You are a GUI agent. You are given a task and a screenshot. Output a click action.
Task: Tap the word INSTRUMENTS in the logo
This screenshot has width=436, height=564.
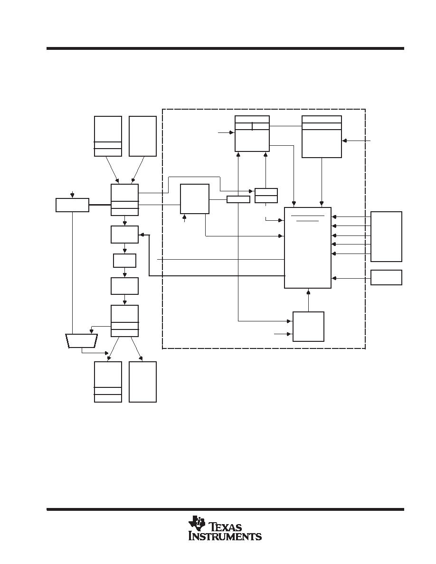coord(225,536)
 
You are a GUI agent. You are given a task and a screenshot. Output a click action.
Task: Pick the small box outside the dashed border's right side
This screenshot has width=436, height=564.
coord(386,277)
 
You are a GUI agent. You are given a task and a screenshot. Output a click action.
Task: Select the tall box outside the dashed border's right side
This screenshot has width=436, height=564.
coord(386,236)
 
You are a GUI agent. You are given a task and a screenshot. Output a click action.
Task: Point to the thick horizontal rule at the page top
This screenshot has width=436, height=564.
coord(225,48)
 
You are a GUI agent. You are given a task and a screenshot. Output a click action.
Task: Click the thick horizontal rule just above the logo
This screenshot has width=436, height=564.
coord(225,509)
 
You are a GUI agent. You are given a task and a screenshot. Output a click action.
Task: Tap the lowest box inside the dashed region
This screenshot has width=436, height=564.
coord(308,326)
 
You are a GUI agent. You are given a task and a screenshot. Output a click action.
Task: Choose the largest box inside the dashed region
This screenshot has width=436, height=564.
coord(308,247)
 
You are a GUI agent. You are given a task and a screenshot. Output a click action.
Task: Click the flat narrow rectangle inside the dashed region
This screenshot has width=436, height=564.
coord(238,199)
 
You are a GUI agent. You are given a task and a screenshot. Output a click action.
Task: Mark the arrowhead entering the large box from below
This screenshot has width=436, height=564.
coord(308,291)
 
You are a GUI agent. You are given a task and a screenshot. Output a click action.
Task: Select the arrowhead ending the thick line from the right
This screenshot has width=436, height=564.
coord(141,235)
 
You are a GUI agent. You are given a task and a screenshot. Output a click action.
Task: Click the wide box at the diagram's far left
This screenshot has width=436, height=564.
coord(72,205)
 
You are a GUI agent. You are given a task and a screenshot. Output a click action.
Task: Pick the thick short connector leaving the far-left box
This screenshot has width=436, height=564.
coord(100,205)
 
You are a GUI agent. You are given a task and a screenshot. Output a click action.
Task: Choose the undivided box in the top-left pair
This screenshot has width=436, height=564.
coord(142,136)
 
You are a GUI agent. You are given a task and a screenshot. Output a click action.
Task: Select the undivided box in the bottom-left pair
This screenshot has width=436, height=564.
coord(142,382)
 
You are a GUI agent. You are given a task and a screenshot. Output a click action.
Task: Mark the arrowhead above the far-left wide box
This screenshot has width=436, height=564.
coord(73,196)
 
